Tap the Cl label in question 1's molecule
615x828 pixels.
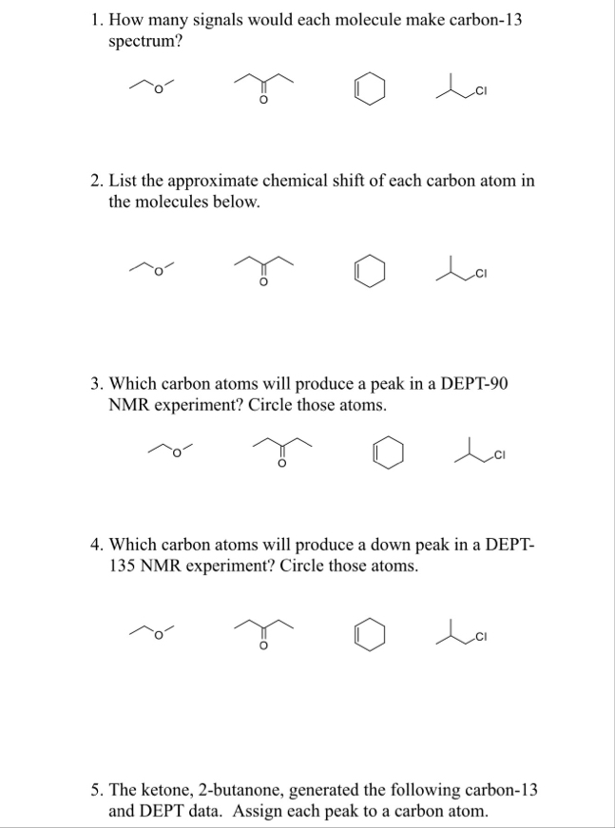481,92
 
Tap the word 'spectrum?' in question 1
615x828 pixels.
145,42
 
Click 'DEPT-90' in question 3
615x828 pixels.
474,384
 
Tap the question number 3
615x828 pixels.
96,384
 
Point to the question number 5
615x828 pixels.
96,791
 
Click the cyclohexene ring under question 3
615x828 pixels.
375,453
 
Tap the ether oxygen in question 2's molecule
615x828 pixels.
157,272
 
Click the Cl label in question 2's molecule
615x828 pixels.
481,274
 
